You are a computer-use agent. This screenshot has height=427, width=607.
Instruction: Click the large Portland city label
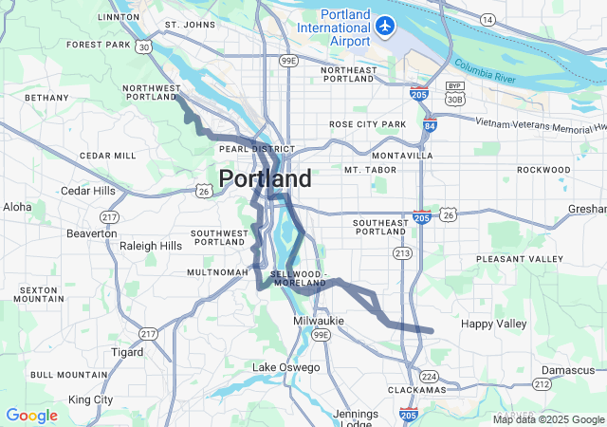pos(265,179)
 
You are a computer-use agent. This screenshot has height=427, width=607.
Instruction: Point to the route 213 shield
pos(402,253)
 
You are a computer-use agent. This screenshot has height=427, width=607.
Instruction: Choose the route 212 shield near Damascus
pos(542,383)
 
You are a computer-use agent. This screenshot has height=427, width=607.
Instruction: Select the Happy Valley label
pos(492,324)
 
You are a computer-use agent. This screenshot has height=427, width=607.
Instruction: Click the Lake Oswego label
pos(285,367)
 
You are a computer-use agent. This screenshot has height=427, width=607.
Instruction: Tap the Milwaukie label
pos(320,322)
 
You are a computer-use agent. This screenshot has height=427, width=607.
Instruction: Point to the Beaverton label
pos(92,233)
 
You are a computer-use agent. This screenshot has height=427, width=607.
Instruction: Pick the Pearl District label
pos(257,149)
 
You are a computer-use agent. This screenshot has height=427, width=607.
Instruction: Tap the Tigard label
pos(127,352)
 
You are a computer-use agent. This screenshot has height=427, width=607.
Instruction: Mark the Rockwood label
pos(543,170)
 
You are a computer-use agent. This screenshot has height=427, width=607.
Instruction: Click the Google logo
pos(31,416)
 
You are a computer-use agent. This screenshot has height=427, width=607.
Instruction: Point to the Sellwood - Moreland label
pos(300,278)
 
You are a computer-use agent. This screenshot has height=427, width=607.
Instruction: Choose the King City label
pos(91,399)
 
